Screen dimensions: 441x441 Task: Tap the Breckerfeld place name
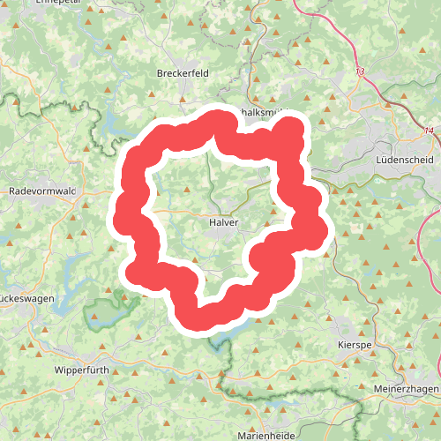point(183,73)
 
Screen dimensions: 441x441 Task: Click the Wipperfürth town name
point(81,370)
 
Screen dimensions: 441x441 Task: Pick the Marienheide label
point(268,435)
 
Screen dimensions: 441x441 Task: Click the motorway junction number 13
point(360,71)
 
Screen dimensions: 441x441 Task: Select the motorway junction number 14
point(429,131)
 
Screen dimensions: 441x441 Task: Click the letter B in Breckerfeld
point(159,73)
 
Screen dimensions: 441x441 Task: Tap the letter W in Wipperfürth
point(58,370)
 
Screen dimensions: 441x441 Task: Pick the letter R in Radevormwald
point(11,191)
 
